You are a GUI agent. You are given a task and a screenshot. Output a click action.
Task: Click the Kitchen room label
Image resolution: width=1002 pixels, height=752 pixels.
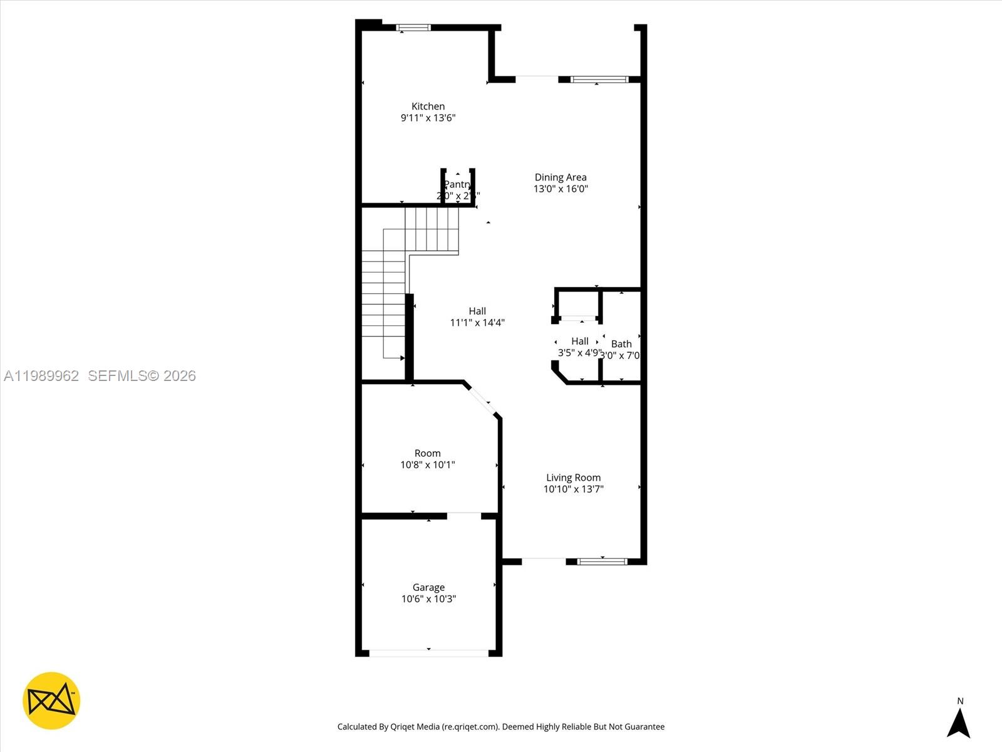428,107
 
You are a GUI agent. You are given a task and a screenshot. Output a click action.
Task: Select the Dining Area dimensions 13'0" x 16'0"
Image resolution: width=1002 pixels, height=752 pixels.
560,189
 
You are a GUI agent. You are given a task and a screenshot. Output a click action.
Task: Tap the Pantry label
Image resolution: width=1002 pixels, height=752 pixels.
457,184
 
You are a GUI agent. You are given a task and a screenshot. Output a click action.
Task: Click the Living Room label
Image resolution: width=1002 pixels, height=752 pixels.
573,478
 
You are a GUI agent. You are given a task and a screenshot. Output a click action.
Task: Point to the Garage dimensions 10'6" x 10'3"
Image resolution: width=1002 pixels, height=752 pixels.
428,599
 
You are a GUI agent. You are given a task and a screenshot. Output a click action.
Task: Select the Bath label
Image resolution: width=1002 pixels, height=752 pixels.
621,343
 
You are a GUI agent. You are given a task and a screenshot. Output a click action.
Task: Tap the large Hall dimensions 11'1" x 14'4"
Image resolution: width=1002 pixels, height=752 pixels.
477,323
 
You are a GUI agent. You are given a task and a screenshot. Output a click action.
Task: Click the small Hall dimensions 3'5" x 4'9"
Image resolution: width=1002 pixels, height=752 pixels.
579,353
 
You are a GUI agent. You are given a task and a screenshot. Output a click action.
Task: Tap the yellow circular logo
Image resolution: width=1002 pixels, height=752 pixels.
51,701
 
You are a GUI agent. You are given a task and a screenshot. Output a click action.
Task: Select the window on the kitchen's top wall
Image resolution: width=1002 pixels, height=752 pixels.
413,28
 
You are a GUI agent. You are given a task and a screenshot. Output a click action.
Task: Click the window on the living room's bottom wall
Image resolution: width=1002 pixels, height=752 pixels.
602,561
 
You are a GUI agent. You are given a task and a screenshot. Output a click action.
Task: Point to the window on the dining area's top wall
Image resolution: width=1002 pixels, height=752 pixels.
599,80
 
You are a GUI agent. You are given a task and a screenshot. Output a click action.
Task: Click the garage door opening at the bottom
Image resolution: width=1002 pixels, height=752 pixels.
428,653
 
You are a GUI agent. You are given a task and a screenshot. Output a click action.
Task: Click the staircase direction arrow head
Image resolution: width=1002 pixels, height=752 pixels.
403,358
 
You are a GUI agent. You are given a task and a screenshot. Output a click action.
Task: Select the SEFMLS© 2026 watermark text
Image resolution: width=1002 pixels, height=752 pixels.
142,375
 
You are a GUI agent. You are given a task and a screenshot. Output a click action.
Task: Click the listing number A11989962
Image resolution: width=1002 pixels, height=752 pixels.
41,375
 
